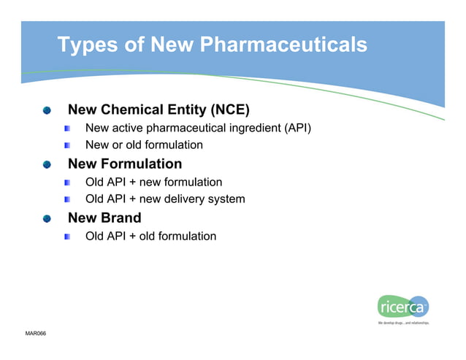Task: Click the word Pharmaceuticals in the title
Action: (283, 45)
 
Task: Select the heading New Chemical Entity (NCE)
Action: (158, 110)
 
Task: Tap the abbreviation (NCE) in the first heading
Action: (229, 110)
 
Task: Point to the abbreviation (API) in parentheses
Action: (297, 129)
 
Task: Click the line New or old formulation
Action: (144, 145)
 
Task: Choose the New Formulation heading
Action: (125, 164)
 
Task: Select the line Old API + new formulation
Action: (153, 182)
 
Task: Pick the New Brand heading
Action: (104, 218)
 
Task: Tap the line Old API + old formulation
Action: (150, 236)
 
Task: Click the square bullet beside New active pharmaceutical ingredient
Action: (67, 129)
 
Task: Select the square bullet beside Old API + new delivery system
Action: (67, 199)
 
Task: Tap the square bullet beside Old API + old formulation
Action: (67, 237)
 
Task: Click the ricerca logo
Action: (403, 307)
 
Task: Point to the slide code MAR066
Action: (36, 334)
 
